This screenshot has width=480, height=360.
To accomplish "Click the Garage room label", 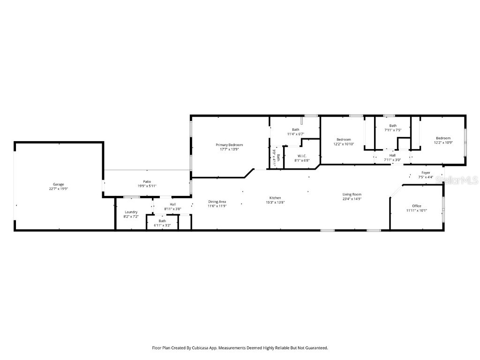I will click(x=58, y=184).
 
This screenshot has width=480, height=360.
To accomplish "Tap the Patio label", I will click(x=147, y=181).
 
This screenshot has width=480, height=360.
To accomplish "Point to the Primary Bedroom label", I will click(x=229, y=145).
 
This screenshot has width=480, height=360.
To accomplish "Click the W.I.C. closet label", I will click(x=302, y=156).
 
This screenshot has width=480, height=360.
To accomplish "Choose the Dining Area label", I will click(x=217, y=202).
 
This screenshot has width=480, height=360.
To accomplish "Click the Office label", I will click(x=416, y=206).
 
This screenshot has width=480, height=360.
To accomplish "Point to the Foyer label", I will click(x=426, y=173).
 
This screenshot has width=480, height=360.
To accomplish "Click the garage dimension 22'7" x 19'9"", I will click(x=58, y=188).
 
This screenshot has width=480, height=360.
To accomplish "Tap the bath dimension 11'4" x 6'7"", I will click(x=296, y=134).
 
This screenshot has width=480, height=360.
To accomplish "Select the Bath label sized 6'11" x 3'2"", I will click(x=162, y=221).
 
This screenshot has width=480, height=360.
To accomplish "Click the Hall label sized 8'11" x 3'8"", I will click(x=173, y=204).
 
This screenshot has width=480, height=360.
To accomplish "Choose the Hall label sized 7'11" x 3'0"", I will click(x=392, y=155).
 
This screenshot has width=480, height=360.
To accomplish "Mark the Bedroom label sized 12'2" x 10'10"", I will click(x=344, y=139).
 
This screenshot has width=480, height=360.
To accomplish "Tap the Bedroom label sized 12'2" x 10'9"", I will click(x=442, y=138).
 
